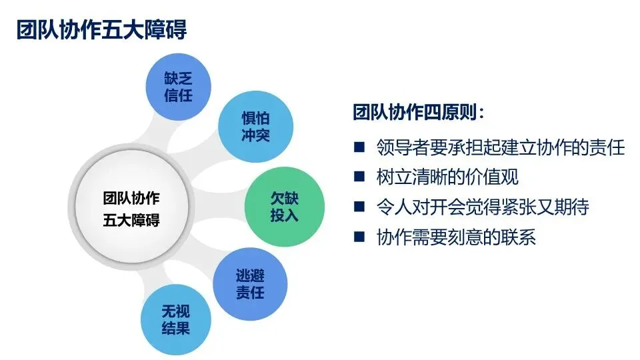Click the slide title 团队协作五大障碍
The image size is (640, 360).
[x=101, y=30]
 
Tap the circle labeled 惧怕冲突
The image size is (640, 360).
[x=255, y=127]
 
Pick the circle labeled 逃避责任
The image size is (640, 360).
[x=250, y=283]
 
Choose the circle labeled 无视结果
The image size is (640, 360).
[x=176, y=320]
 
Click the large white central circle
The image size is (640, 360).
[x=131, y=209]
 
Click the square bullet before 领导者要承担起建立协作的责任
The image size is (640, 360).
[x=360, y=147]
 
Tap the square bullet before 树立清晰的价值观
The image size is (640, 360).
[x=360, y=177]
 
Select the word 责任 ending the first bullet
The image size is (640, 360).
[x=607, y=147]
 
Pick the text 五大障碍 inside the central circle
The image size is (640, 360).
[x=131, y=221]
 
